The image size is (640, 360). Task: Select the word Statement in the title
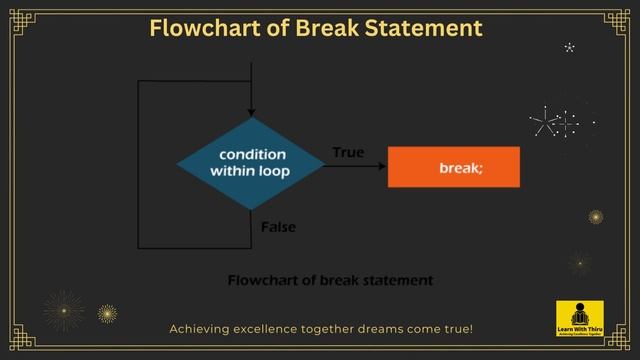pyautogui.click(x=428, y=28)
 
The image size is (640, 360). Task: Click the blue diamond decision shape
pyautogui.click(x=250, y=163)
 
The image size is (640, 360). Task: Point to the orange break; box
pyautogui.click(x=453, y=167)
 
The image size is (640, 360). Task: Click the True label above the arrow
pyautogui.click(x=348, y=153)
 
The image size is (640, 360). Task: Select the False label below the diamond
pyautogui.click(x=278, y=227)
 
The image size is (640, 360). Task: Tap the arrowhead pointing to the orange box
pyautogui.click(x=382, y=167)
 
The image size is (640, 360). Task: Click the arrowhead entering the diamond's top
pyautogui.click(x=250, y=112)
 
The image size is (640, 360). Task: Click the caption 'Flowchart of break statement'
pyautogui.click(x=331, y=281)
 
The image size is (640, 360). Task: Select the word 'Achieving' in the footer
pyautogui.click(x=198, y=328)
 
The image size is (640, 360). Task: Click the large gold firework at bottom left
pyautogui.click(x=64, y=310)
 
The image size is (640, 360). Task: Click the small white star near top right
pyautogui.click(x=570, y=47)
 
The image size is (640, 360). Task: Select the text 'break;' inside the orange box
pyautogui.click(x=460, y=168)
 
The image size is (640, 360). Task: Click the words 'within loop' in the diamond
pyautogui.click(x=250, y=172)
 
